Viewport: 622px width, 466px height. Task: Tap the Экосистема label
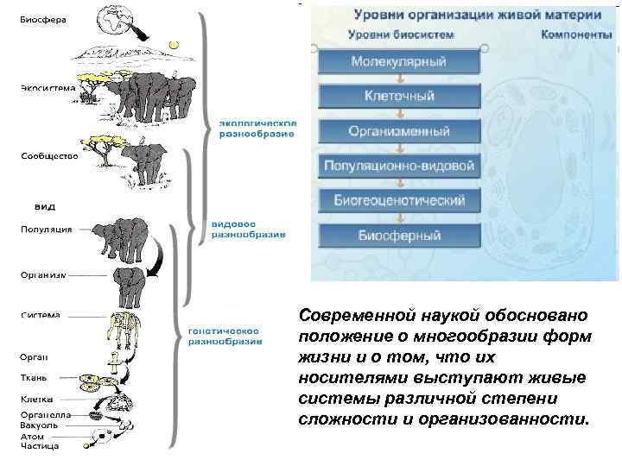[48, 87]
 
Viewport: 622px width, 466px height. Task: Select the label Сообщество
[49, 156]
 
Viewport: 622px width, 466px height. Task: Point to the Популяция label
[47, 230]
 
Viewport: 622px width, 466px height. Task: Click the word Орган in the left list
[34, 356]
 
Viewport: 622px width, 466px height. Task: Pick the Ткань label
[35, 377]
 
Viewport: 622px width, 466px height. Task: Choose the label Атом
[32, 437]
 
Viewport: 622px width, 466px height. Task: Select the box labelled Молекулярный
[399, 62]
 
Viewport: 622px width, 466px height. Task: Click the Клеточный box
[399, 97]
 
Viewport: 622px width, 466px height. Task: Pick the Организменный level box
[399, 131]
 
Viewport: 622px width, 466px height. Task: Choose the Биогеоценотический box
[399, 200]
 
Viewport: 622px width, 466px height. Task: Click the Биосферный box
[399, 235]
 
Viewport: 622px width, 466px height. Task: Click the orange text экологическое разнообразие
[256, 127]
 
